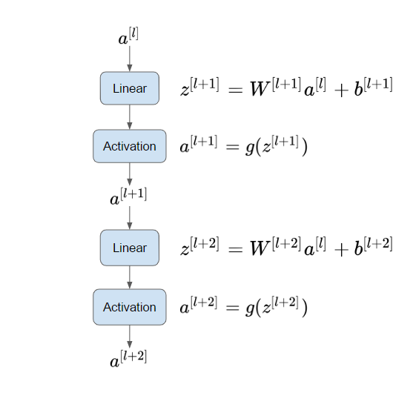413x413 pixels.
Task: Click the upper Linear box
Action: (x=130, y=88)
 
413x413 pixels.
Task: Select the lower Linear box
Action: (x=130, y=248)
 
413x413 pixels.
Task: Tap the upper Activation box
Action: (x=130, y=146)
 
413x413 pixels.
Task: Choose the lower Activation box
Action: (x=130, y=307)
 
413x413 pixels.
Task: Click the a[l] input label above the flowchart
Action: (x=128, y=36)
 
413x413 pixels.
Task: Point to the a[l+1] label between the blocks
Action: (x=128, y=196)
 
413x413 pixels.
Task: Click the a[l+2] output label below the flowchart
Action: (x=128, y=358)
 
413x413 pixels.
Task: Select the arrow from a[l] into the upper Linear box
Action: (x=130, y=59)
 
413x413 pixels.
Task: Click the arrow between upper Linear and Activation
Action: (x=130, y=117)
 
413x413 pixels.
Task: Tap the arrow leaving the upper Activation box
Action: (x=130, y=174)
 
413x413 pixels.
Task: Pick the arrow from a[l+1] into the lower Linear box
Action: (x=130, y=218)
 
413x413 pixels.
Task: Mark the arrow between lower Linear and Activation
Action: (x=130, y=277)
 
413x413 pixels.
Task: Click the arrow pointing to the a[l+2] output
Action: (x=130, y=337)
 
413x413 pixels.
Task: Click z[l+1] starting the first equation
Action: (x=199, y=87)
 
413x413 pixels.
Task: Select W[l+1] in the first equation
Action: (x=276, y=87)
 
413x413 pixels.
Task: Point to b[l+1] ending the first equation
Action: (x=373, y=87)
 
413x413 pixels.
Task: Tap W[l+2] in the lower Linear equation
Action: (x=276, y=246)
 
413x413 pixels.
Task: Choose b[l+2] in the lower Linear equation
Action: (x=373, y=246)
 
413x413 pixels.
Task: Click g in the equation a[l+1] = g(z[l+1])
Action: (x=250, y=148)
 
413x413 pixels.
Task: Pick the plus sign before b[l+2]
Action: (x=341, y=250)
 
